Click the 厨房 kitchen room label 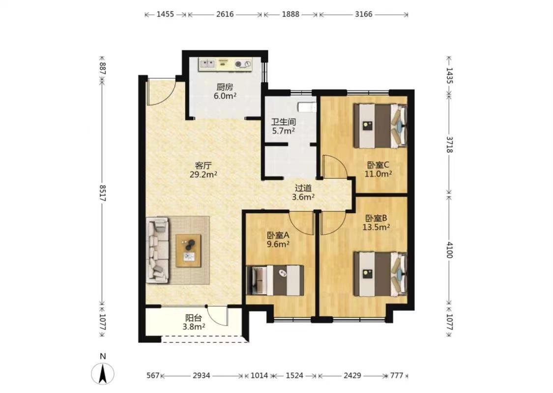[225, 87]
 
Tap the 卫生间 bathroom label [283, 122]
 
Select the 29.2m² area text [203, 174]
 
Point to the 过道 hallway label [303, 188]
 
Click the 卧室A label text [278, 235]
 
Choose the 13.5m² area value [376, 227]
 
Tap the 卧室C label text [378, 165]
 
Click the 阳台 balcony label [194, 318]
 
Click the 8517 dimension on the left [103, 193]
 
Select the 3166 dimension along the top [364, 14]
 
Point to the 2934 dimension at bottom [202, 375]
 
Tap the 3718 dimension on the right [449, 144]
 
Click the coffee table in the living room [188, 251]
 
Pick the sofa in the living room [158, 250]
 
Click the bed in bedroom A [275, 280]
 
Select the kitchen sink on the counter [207, 63]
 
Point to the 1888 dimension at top [291, 14]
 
